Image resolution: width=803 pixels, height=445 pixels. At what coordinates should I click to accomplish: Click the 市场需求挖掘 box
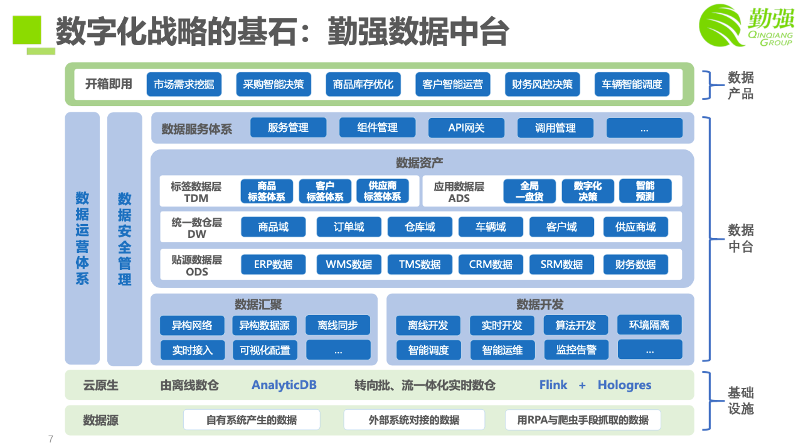[x=184, y=84]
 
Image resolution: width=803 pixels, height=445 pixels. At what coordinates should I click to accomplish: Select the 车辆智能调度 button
[x=632, y=84]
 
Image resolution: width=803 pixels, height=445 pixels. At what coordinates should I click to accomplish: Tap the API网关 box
[x=466, y=127]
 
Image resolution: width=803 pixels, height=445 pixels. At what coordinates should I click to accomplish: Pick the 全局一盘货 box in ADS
[x=529, y=191]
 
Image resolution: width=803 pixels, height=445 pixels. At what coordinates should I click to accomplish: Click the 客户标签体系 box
[x=325, y=191]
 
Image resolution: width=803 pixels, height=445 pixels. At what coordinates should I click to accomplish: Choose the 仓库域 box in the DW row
[x=420, y=227]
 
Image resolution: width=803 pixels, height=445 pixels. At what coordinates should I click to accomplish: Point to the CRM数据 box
[x=491, y=264]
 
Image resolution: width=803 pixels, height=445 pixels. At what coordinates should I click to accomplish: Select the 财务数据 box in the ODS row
[x=635, y=264]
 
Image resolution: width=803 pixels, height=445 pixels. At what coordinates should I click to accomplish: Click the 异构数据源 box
[x=265, y=325]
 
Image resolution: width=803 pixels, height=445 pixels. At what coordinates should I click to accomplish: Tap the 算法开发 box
[x=575, y=325]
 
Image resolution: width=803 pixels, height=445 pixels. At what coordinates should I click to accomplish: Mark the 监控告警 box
[x=576, y=350]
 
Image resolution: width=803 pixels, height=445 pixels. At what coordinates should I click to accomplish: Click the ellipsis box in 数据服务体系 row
[x=644, y=128]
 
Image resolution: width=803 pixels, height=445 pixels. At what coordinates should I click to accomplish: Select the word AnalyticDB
[x=284, y=385]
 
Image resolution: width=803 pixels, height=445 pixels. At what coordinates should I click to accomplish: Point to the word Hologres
[x=624, y=385]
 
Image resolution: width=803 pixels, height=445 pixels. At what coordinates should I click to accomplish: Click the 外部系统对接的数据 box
[x=414, y=420]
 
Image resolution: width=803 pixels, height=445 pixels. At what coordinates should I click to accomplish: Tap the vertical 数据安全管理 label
[x=125, y=239]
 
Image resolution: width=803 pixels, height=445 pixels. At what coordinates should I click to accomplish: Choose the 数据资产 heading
[x=419, y=163]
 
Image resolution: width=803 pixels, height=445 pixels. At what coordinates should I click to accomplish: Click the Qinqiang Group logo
[x=746, y=25]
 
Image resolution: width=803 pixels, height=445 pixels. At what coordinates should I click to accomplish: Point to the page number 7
[x=51, y=439]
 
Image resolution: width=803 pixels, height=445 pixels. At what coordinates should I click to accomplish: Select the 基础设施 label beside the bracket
[x=740, y=401]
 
